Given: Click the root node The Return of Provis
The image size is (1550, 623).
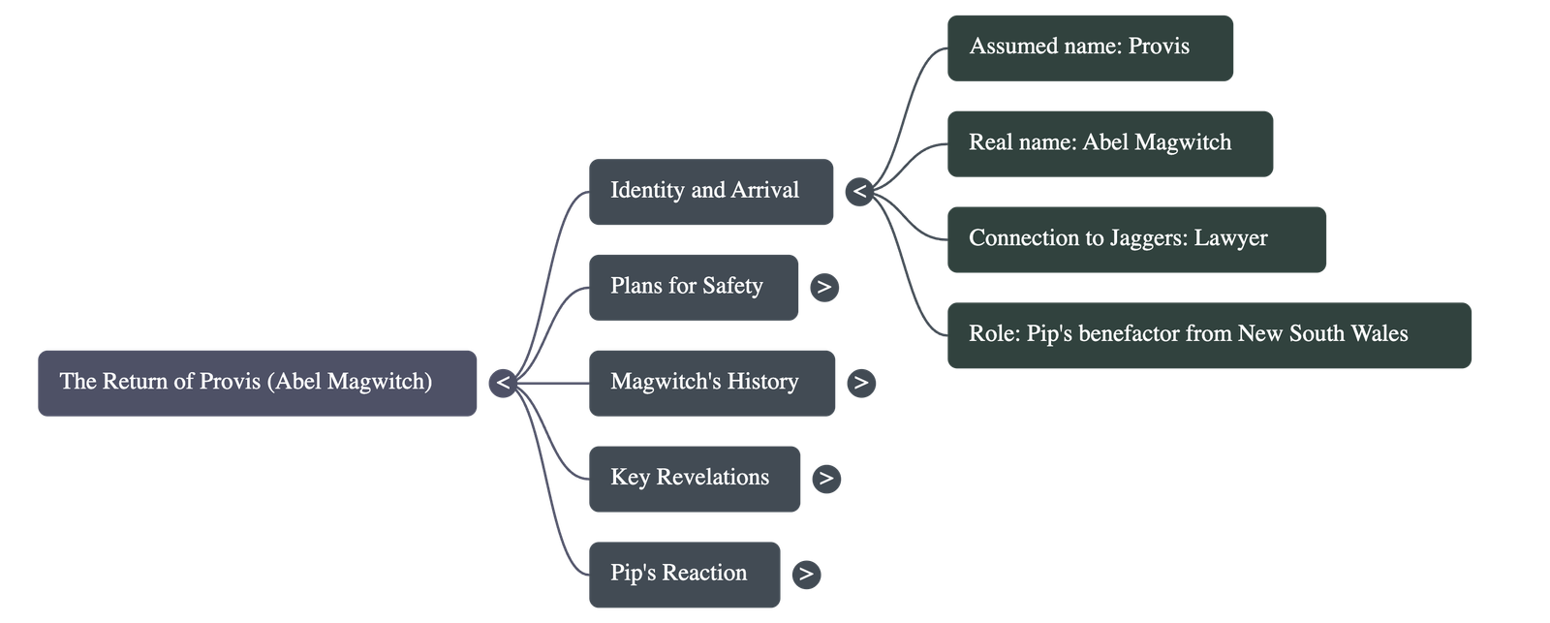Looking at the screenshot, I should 257,383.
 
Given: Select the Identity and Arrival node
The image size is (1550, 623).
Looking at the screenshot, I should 710,192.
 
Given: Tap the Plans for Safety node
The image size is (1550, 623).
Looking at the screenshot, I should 694,287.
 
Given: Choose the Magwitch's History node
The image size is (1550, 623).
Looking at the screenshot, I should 711,383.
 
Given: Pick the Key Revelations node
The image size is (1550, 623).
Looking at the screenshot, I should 695,478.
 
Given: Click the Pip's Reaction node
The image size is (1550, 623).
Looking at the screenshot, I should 684,574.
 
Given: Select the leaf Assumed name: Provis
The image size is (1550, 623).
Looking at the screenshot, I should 1090,47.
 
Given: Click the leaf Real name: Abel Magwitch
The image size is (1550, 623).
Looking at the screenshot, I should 1109,143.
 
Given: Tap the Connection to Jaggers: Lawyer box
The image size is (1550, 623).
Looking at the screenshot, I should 1136,239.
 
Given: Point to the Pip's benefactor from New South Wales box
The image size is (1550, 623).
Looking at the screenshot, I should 1208,335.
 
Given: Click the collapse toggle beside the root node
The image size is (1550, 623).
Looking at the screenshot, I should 503,383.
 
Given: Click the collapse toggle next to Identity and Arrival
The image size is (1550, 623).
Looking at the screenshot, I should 859,192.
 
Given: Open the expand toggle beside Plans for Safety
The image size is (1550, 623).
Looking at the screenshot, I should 823,287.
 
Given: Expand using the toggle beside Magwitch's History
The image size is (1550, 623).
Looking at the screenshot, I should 860,383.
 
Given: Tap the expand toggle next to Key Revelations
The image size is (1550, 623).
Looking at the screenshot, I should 825,478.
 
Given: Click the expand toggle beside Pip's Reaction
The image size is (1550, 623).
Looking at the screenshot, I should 805,574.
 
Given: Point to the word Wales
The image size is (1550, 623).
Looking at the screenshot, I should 1379,334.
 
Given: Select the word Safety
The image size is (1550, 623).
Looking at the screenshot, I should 732,286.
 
